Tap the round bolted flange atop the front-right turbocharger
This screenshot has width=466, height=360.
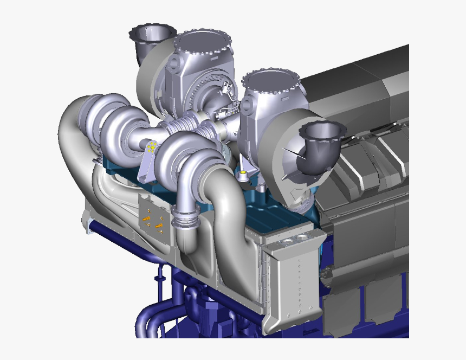coord(270,81)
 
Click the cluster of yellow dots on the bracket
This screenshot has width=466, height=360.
coord(152,146)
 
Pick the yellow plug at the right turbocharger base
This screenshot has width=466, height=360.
coord(243,174)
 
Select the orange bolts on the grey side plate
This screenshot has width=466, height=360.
coord(152,221)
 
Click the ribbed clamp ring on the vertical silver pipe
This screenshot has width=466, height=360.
coord(185,219)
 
